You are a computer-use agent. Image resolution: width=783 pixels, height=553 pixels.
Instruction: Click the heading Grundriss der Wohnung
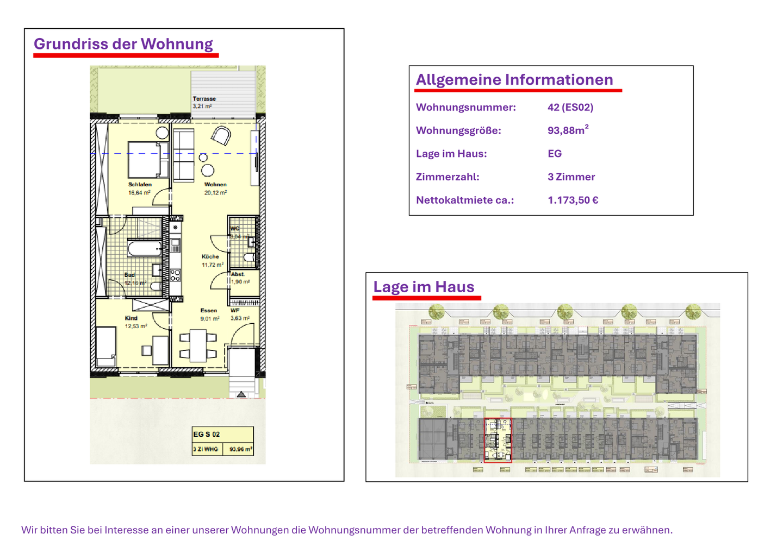click(x=123, y=44)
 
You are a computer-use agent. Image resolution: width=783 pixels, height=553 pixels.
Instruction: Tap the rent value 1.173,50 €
click(x=573, y=200)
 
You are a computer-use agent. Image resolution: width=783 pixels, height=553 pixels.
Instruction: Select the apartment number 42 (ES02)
click(x=570, y=107)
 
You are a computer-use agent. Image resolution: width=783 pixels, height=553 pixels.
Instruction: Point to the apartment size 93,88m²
click(x=568, y=130)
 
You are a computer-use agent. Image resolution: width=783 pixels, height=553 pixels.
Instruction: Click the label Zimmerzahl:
click(x=447, y=177)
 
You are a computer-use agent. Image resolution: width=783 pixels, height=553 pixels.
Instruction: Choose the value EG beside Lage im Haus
click(x=554, y=154)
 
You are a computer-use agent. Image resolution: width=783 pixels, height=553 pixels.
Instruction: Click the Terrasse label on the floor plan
click(x=204, y=99)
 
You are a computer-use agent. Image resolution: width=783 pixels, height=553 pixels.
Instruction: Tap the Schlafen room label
click(x=140, y=185)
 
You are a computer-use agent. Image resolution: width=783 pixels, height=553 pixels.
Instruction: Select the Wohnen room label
click(x=215, y=185)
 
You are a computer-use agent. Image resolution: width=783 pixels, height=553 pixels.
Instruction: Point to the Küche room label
click(x=210, y=256)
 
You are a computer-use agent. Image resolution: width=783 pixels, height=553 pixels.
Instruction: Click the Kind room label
click(x=131, y=318)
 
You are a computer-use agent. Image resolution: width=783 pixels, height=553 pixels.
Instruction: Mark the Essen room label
click(x=208, y=311)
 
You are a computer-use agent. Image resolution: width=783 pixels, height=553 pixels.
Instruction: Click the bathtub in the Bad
click(x=145, y=249)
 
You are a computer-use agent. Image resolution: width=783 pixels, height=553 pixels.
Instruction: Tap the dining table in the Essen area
click(x=198, y=345)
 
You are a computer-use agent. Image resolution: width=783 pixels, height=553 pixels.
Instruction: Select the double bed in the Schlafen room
click(x=147, y=159)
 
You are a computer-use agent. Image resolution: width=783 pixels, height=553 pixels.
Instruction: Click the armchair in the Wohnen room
click(x=221, y=136)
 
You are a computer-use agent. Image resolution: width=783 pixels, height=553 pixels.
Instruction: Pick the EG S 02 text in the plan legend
click(x=207, y=435)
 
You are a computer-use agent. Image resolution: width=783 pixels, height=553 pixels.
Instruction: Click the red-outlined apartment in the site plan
click(x=498, y=440)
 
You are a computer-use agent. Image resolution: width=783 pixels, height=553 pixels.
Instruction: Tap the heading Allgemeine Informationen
click(x=514, y=80)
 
